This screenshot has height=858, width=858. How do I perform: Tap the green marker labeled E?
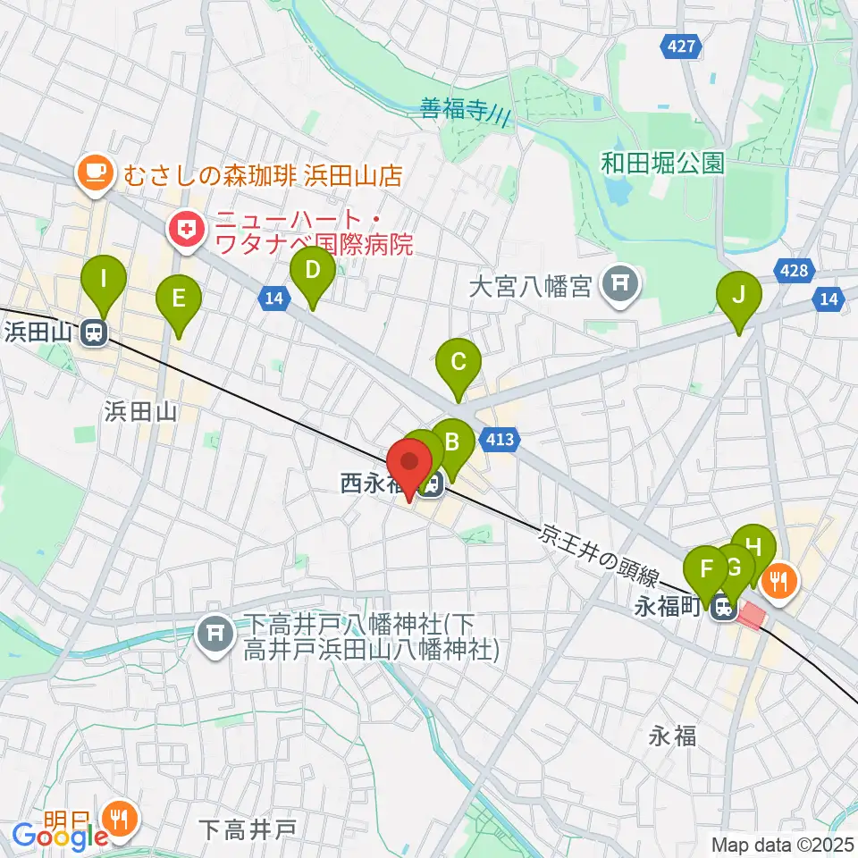(179, 299)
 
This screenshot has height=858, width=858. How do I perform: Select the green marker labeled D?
(313, 270)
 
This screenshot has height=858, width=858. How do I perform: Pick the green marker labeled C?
(458, 363)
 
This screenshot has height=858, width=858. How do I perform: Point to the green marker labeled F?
(706, 568)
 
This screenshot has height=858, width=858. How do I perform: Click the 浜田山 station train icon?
(92, 333)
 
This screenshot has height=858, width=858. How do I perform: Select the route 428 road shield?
(794, 271)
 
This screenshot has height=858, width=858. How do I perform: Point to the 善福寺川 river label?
(465, 112)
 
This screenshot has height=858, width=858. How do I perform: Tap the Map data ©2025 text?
(781, 844)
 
